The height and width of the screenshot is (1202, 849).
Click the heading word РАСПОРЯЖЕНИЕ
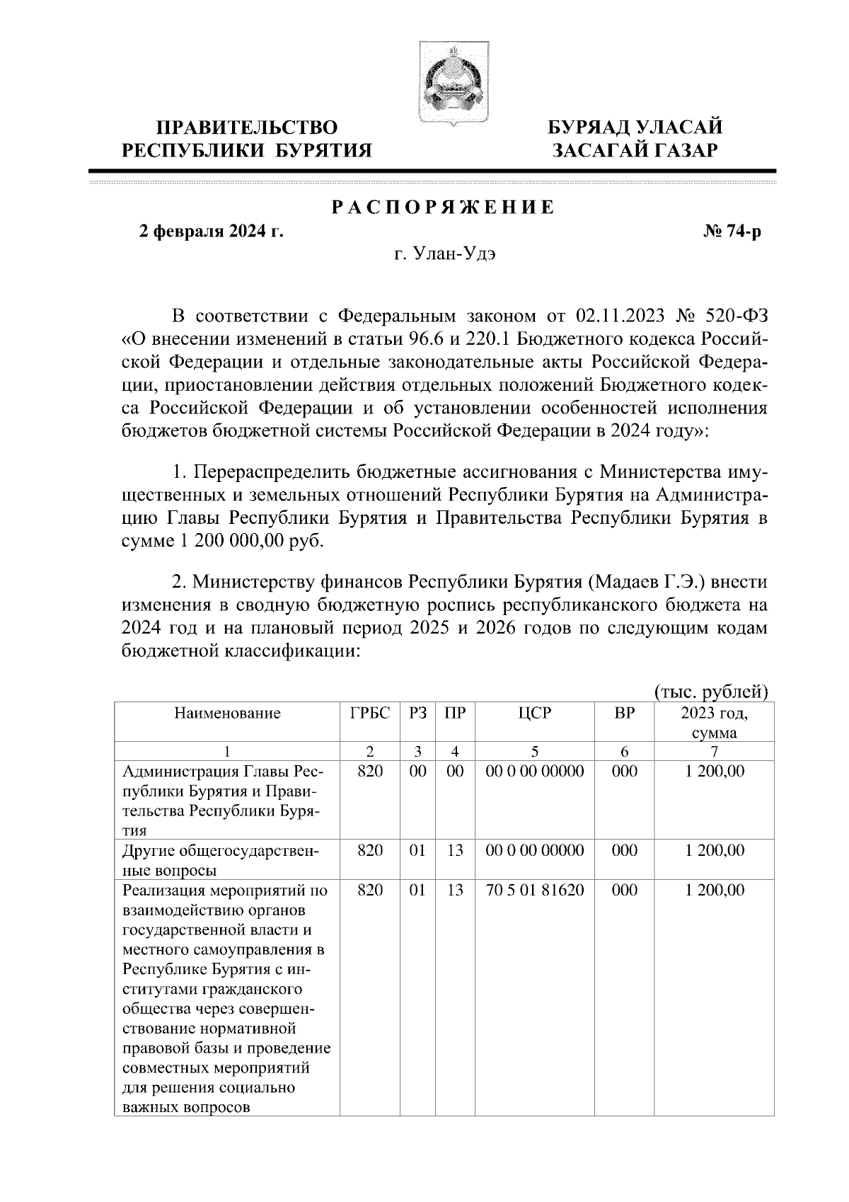point(443,208)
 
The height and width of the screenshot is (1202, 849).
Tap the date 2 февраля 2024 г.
point(211,232)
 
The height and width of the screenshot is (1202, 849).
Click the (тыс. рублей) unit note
point(711,690)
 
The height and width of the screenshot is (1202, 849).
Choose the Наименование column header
point(227,713)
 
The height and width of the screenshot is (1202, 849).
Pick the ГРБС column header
point(369,713)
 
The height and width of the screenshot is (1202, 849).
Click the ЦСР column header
point(534,713)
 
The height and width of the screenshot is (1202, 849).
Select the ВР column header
point(624,713)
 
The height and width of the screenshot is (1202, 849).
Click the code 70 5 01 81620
point(534,890)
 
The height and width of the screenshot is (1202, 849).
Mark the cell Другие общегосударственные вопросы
point(221,859)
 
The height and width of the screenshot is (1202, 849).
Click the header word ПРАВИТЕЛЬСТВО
point(247,127)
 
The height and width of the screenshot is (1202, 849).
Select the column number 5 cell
point(534,751)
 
